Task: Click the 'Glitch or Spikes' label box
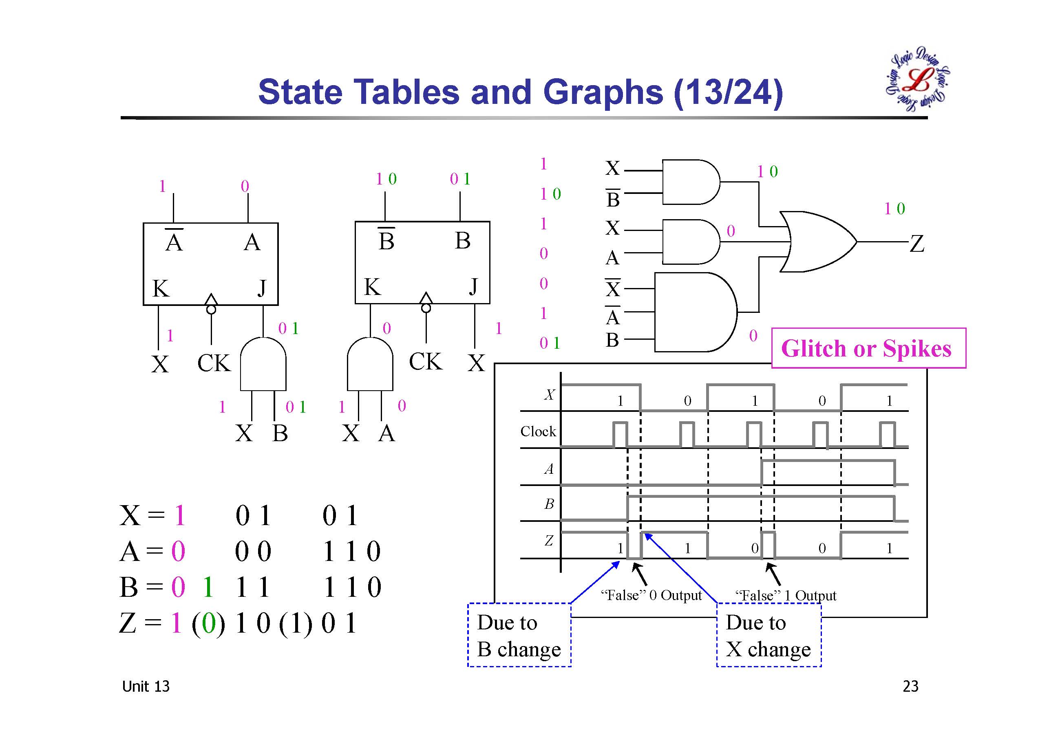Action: (x=868, y=348)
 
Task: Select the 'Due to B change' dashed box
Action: (x=519, y=635)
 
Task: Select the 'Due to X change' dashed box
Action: (x=769, y=635)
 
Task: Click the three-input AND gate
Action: (x=694, y=312)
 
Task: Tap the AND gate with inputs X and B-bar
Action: (x=690, y=182)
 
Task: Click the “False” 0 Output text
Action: (x=651, y=595)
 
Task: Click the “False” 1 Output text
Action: (x=786, y=595)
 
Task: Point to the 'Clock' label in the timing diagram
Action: (x=538, y=431)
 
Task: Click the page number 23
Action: (x=910, y=686)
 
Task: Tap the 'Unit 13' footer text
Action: (x=146, y=686)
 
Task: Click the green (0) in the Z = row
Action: (x=208, y=623)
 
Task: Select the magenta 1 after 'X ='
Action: (x=179, y=516)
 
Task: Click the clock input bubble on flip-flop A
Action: (x=211, y=310)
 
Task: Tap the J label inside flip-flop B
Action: (x=473, y=287)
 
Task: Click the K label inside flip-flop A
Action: (x=160, y=288)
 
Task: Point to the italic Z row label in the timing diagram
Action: (x=549, y=541)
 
